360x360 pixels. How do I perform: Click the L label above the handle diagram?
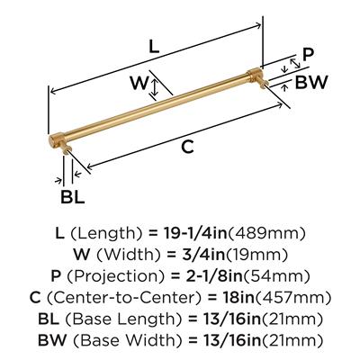point(154,47)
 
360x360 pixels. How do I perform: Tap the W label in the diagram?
point(139,83)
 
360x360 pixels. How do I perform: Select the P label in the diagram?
point(308,55)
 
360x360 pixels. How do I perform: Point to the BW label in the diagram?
point(311,83)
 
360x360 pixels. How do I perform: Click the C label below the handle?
point(188,147)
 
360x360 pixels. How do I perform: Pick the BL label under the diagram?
point(72,197)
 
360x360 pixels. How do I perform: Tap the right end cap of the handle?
point(256,75)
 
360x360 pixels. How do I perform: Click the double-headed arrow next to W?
point(154,86)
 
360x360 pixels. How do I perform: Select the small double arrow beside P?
point(295,62)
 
